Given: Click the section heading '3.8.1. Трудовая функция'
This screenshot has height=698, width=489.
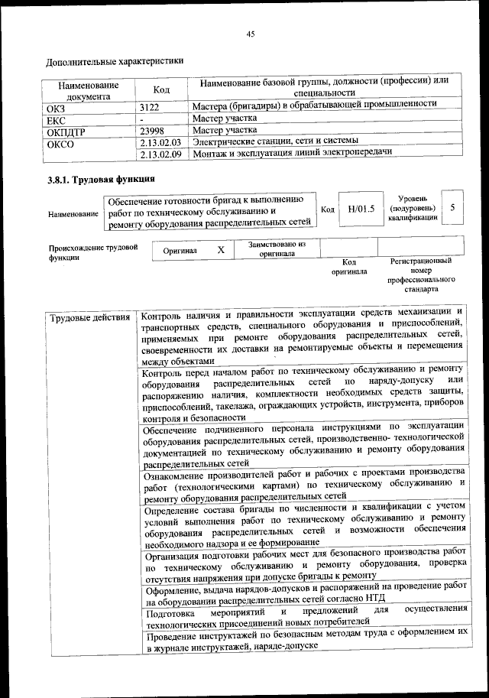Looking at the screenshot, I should point(101,180).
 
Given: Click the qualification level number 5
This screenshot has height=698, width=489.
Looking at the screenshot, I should point(452,208).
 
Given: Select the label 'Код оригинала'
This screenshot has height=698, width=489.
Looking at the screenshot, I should point(348,266).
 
